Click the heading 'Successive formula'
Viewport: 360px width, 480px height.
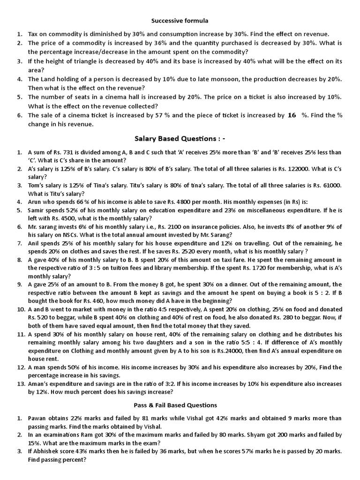click(x=180, y=21)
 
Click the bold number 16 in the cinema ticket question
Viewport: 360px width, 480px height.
click(x=292, y=115)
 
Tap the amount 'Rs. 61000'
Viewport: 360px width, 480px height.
click(x=327, y=186)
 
